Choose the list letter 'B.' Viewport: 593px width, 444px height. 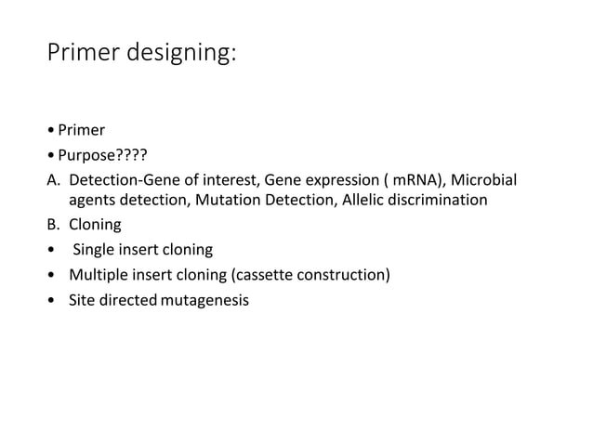(x=55, y=225)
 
